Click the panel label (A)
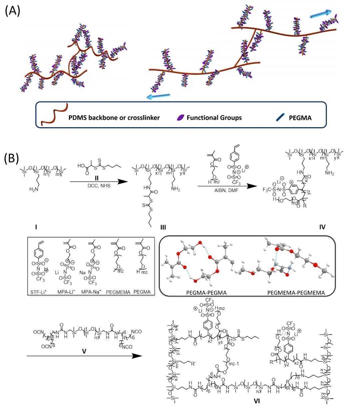13,11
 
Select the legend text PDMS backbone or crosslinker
114,118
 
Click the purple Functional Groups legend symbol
180,117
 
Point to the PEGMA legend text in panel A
300,118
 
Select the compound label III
163,228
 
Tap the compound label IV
322,227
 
